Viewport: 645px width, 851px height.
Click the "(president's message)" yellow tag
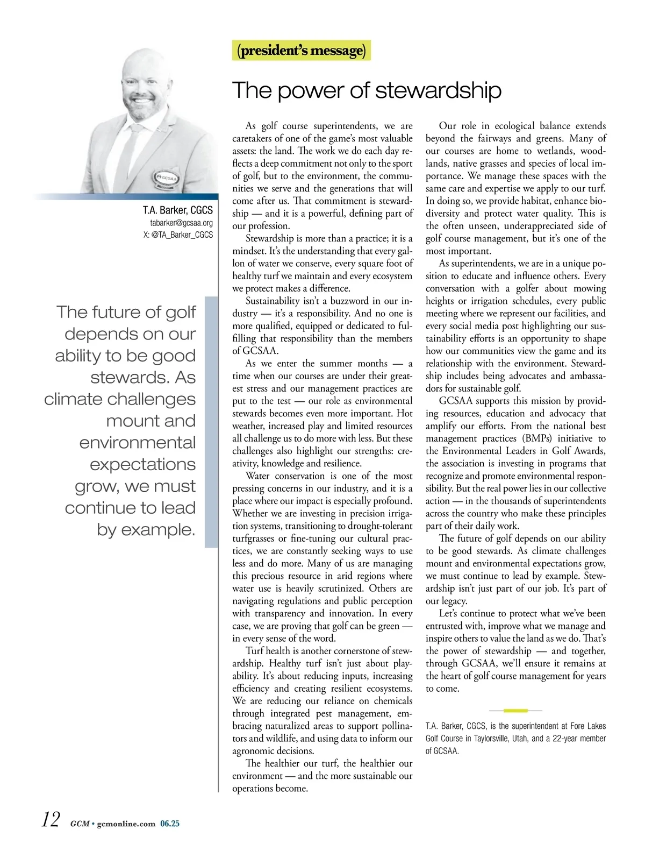tap(302, 51)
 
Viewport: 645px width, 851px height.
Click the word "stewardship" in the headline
tap(439, 90)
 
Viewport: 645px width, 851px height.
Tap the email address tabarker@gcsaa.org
tap(181, 223)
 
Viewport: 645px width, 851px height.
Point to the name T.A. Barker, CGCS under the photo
tap(177, 210)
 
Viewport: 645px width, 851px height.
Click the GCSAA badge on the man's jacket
tap(167, 179)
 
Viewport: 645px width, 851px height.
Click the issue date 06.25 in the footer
tap(170, 824)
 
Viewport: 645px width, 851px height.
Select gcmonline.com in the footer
tap(126, 824)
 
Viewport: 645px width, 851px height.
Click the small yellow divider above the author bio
tap(515, 711)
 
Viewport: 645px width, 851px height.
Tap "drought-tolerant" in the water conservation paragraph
tap(380, 526)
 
